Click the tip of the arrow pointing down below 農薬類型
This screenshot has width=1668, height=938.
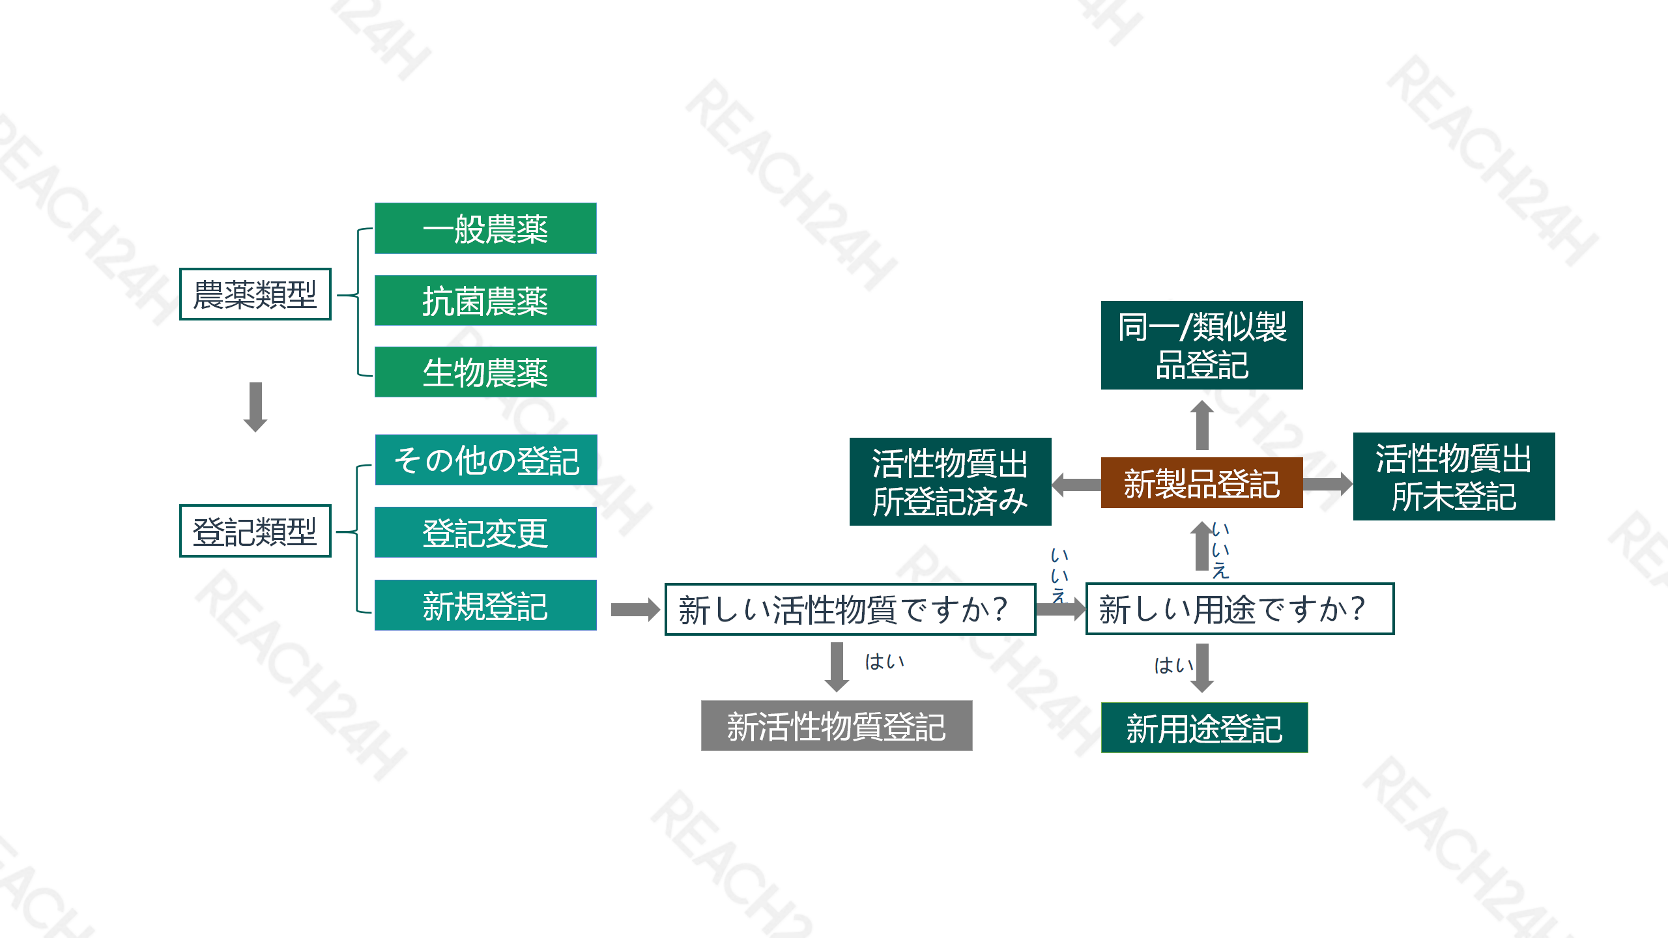tap(255, 432)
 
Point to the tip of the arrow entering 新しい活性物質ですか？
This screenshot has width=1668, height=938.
tap(661, 610)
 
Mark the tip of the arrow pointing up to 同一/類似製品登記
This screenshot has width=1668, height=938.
tap(1202, 401)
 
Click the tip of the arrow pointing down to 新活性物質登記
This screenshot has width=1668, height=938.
tap(837, 692)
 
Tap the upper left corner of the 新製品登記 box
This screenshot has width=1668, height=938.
tap(1101, 457)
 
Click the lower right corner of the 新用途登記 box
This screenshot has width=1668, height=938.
tap(1308, 753)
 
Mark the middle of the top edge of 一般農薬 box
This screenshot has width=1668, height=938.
tap(485, 203)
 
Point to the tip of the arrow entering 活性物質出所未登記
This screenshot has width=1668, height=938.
tap(1353, 483)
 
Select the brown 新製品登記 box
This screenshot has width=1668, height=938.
tap(1202, 483)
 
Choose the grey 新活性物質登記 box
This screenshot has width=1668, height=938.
tap(837, 726)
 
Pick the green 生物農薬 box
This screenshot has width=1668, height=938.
tap(485, 372)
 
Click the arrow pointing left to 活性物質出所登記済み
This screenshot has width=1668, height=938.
tap(1076, 484)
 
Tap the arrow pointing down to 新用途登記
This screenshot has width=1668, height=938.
tap(1202, 668)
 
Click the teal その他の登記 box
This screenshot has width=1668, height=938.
tap(486, 460)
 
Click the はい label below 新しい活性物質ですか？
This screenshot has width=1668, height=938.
tap(885, 662)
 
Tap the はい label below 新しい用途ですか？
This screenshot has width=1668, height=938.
tap(1174, 665)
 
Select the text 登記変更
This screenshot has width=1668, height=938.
tap(485, 533)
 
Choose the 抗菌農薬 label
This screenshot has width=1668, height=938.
tap(485, 301)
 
